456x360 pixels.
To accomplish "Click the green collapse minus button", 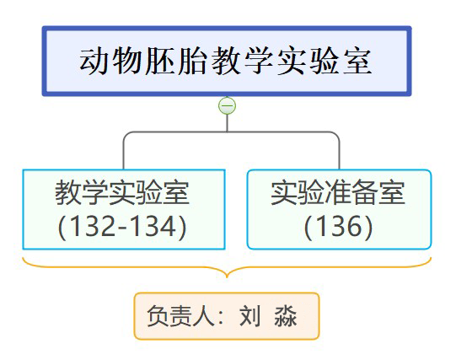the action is [227, 105].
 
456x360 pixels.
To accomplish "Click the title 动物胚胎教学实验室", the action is [226, 61].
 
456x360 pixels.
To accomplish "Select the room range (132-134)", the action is [122, 227].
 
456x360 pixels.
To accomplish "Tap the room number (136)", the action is [338, 227].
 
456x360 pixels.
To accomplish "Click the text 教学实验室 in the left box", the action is [122, 193].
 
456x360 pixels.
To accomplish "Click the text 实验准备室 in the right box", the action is [338, 193].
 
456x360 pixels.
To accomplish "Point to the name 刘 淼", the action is [268, 316].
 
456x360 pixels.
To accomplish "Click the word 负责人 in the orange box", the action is [180, 316].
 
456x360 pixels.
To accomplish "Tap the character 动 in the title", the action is [94, 61].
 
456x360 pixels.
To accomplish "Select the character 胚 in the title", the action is [160, 61].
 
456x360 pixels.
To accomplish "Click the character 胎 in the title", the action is [193, 61].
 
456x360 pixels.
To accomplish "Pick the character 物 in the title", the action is [127, 61].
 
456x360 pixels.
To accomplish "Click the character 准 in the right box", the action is [338, 193].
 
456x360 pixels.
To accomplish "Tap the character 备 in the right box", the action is [365, 193].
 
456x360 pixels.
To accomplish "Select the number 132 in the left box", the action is [93, 227].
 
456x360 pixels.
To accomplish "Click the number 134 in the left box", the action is [153, 227].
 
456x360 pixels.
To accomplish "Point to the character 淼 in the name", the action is [286, 316].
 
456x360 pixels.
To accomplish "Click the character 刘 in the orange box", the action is [250, 316].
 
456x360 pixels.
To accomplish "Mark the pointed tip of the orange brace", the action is [227, 277].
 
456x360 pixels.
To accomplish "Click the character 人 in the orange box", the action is [203, 316].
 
